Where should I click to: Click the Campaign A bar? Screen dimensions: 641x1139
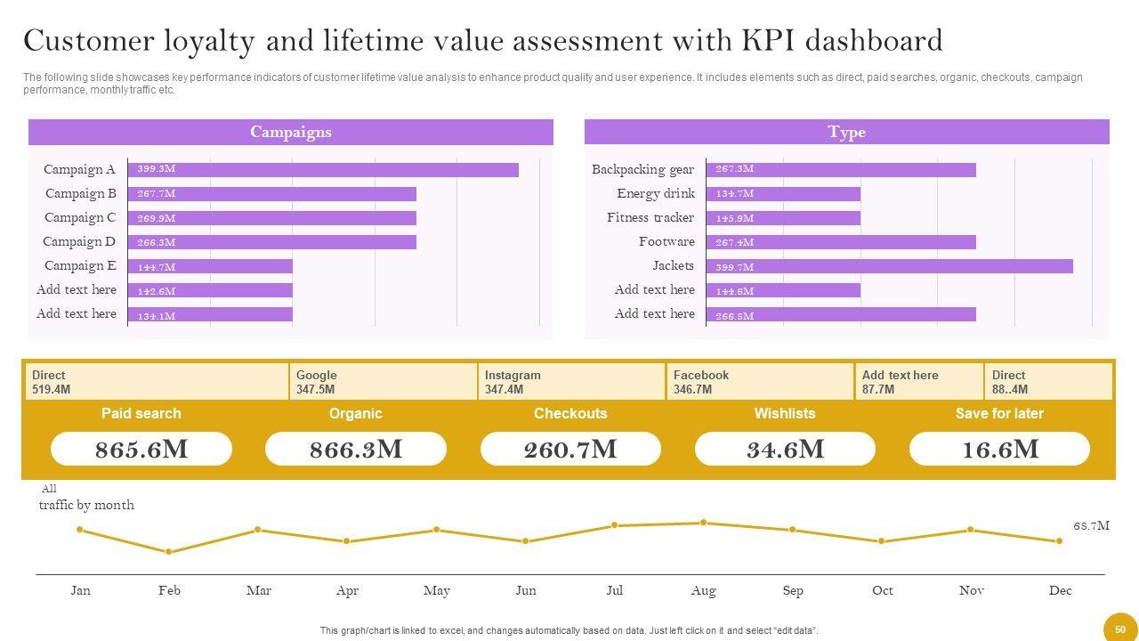[x=323, y=169]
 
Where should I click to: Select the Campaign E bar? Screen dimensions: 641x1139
[x=210, y=266]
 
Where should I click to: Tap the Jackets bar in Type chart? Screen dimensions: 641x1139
[x=889, y=266]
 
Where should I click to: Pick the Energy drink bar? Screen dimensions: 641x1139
[x=783, y=193]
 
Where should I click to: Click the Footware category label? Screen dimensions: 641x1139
[x=666, y=241]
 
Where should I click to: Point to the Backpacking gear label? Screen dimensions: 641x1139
[x=642, y=169]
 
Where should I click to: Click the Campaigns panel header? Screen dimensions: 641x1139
[x=290, y=132]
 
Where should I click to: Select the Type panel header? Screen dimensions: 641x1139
[x=846, y=132]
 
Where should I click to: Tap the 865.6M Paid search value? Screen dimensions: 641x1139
[x=141, y=450]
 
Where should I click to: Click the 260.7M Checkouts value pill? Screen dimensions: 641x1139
[x=570, y=450]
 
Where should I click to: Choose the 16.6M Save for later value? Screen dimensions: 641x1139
[x=999, y=450]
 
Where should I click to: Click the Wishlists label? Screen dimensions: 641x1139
[x=784, y=413]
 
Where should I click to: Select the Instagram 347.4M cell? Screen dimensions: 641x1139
[x=571, y=382]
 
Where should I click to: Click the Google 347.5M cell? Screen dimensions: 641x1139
[x=383, y=382]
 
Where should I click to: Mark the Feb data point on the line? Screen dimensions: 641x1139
[x=169, y=552]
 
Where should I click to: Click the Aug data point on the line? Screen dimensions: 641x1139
[x=704, y=523]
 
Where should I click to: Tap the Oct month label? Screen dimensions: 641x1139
[x=882, y=590]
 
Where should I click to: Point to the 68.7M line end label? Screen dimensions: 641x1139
[x=1091, y=526]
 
